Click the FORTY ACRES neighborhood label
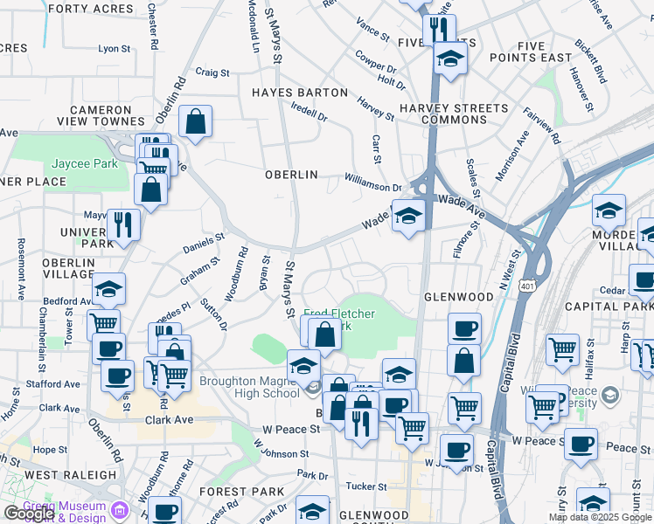85,9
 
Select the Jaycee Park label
85,163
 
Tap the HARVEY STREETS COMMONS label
454,114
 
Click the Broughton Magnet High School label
249,387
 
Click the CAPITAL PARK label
609,307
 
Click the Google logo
29,514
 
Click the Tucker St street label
366,486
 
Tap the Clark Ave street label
167,419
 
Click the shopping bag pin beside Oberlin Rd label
196,124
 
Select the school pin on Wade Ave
407,216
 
